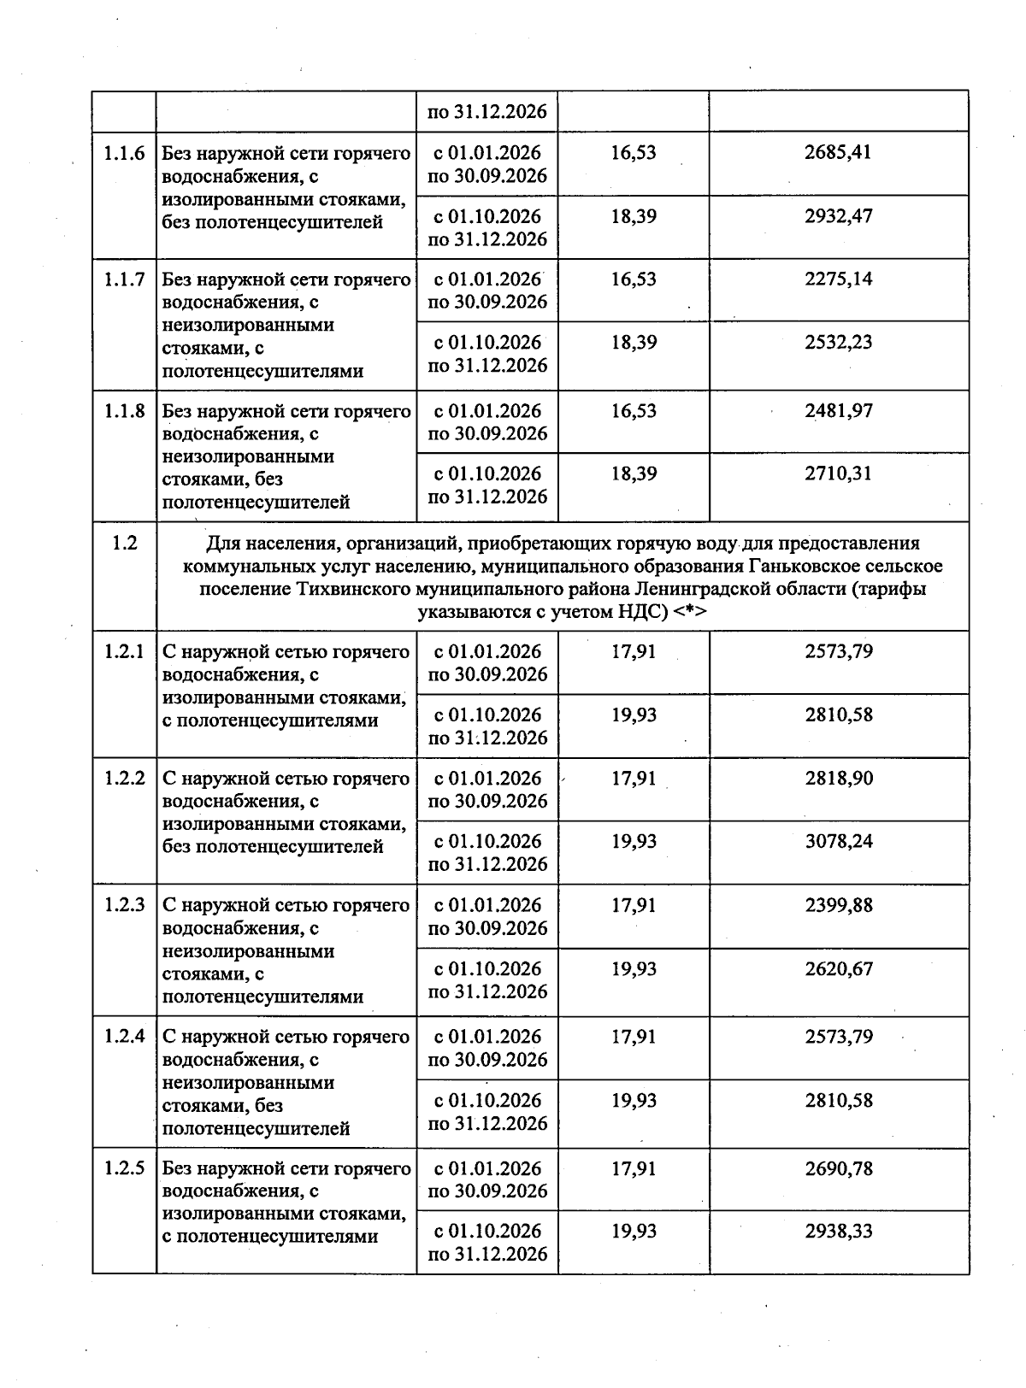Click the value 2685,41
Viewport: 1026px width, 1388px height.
pyautogui.click(x=838, y=153)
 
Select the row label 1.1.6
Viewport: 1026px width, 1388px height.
pyautogui.click(x=124, y=154)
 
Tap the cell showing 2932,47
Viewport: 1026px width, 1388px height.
pyautogui.click(x=838, y=216)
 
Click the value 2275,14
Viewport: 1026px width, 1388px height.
pyautogui.click(x=838, y=279)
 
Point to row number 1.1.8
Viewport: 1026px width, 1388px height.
pyautogui.click(x=124, y=411)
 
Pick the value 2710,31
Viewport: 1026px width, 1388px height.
pyautogui.click(x=838, y=473)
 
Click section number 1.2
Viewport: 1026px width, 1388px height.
pyautogui.click(x=124, y=543)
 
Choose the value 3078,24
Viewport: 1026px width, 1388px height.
pyautogui.click(x=838, y=842)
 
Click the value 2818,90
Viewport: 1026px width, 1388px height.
pyautogui.click(x=838, y=779)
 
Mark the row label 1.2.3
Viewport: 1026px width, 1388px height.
pyautogui.click(x=124, y=905)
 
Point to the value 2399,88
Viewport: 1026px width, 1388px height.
pyautogui.click(x=838, y=905)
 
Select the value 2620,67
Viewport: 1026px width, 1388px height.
pyautogui.click(x=838, y=968)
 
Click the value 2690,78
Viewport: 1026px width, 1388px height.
pyautogui.click(x=838, y=1168)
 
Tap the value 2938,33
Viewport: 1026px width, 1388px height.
pyautogui.click(x=838, y=1232)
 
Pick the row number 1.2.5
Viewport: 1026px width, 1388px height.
pyautogui.click(x=124, y=1168)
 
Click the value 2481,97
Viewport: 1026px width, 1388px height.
pyautogui.click(x=838, y=411)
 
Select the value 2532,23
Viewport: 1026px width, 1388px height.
pyautogui.click(x=838, y=343)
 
